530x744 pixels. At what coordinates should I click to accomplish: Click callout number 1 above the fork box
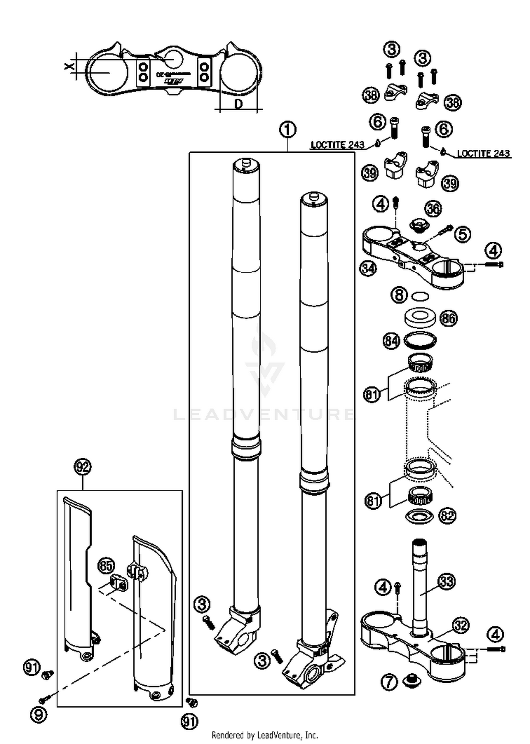tap(288, 130)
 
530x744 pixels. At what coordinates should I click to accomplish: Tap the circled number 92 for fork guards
tap(82, 467)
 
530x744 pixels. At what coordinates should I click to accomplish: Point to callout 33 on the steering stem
tap(447, 581)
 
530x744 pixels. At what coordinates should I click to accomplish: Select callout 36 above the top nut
tap(433, 209)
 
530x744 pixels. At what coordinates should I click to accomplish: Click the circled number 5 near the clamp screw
tap(463, 234)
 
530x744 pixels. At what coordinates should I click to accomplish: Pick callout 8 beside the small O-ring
tap(399, 295)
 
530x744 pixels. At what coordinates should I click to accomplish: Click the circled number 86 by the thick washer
tap(448, 318)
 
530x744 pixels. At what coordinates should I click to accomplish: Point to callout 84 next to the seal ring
tap(391, 341)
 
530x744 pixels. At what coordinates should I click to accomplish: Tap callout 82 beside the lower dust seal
tap(447, 516)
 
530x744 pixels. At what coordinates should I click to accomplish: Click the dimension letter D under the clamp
tap(239, 104)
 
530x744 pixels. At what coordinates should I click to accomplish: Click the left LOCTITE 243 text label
tap(337, 145)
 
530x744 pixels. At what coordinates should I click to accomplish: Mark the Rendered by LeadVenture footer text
tap(265, 736)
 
